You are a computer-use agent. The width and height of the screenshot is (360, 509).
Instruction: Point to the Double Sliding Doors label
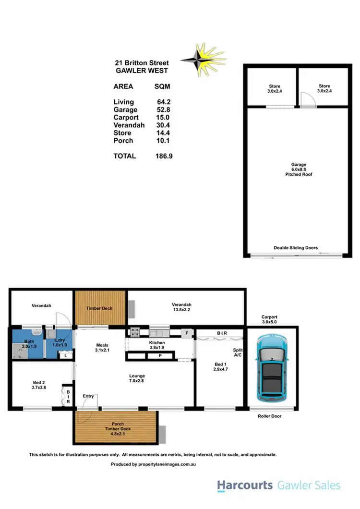pos(296,248)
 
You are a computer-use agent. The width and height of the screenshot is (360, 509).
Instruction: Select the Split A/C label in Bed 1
pos(237,353)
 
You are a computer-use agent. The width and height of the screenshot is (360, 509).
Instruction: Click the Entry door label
pos(89,396)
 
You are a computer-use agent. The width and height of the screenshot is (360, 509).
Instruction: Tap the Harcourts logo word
pos(245,485)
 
